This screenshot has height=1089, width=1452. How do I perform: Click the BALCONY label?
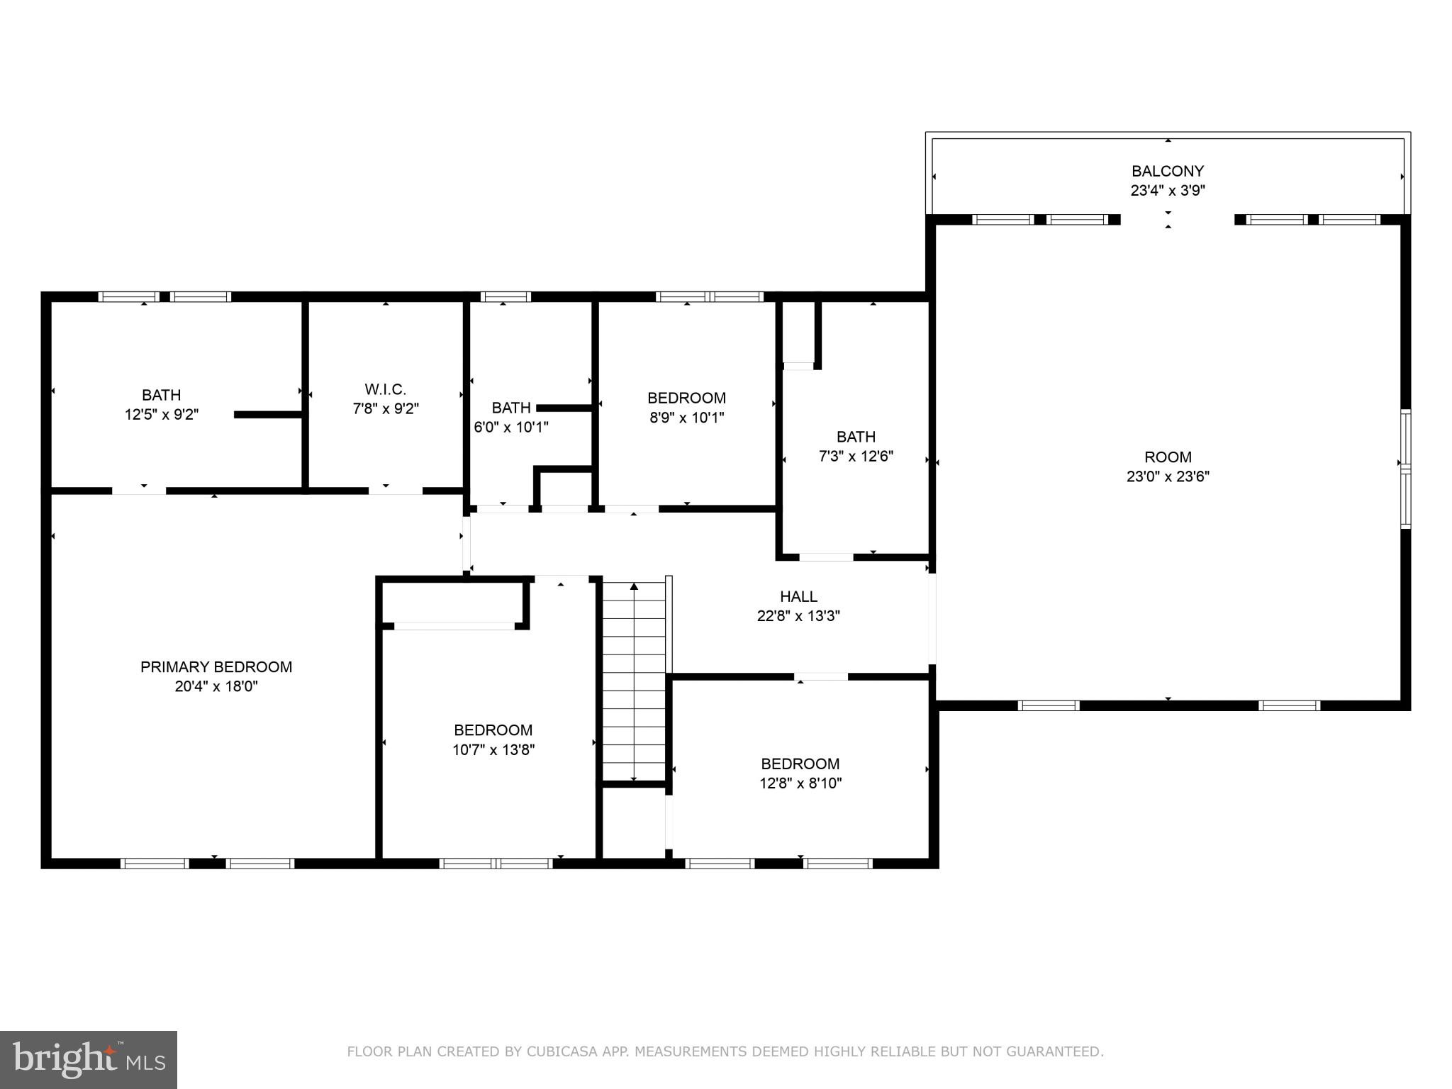tap(1167, 171)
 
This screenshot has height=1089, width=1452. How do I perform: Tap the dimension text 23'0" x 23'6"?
tap(1167, 476)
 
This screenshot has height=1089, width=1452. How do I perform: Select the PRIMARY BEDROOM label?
tap(216, 666)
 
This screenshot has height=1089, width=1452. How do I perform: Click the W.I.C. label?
tap(386, 389)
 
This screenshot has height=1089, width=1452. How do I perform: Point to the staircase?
tap(634, 681)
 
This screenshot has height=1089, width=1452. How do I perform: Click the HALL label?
tap(798, 596)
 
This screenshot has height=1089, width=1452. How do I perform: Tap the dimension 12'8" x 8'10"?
tap(800, 783)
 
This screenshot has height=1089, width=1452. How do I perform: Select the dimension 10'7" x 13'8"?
tap(493, 749)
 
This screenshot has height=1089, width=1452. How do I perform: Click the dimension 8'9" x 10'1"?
tap(686, 418)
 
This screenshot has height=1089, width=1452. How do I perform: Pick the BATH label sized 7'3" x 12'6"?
tap(856, 437)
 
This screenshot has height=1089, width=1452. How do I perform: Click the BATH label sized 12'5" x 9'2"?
tap(161, 395)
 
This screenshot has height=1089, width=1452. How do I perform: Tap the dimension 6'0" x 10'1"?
tap(511, 428)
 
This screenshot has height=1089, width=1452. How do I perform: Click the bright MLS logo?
tap(88, 1059)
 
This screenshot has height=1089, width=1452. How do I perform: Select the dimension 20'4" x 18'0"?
tap(216, 686)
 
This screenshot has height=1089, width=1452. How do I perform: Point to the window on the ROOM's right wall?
tap(1404, 469)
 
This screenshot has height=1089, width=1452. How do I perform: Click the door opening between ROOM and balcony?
tap(1177, 220)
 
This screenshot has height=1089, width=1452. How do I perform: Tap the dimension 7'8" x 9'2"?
tap(386, 409)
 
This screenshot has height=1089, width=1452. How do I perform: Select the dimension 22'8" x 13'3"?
tap(798, 616)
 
